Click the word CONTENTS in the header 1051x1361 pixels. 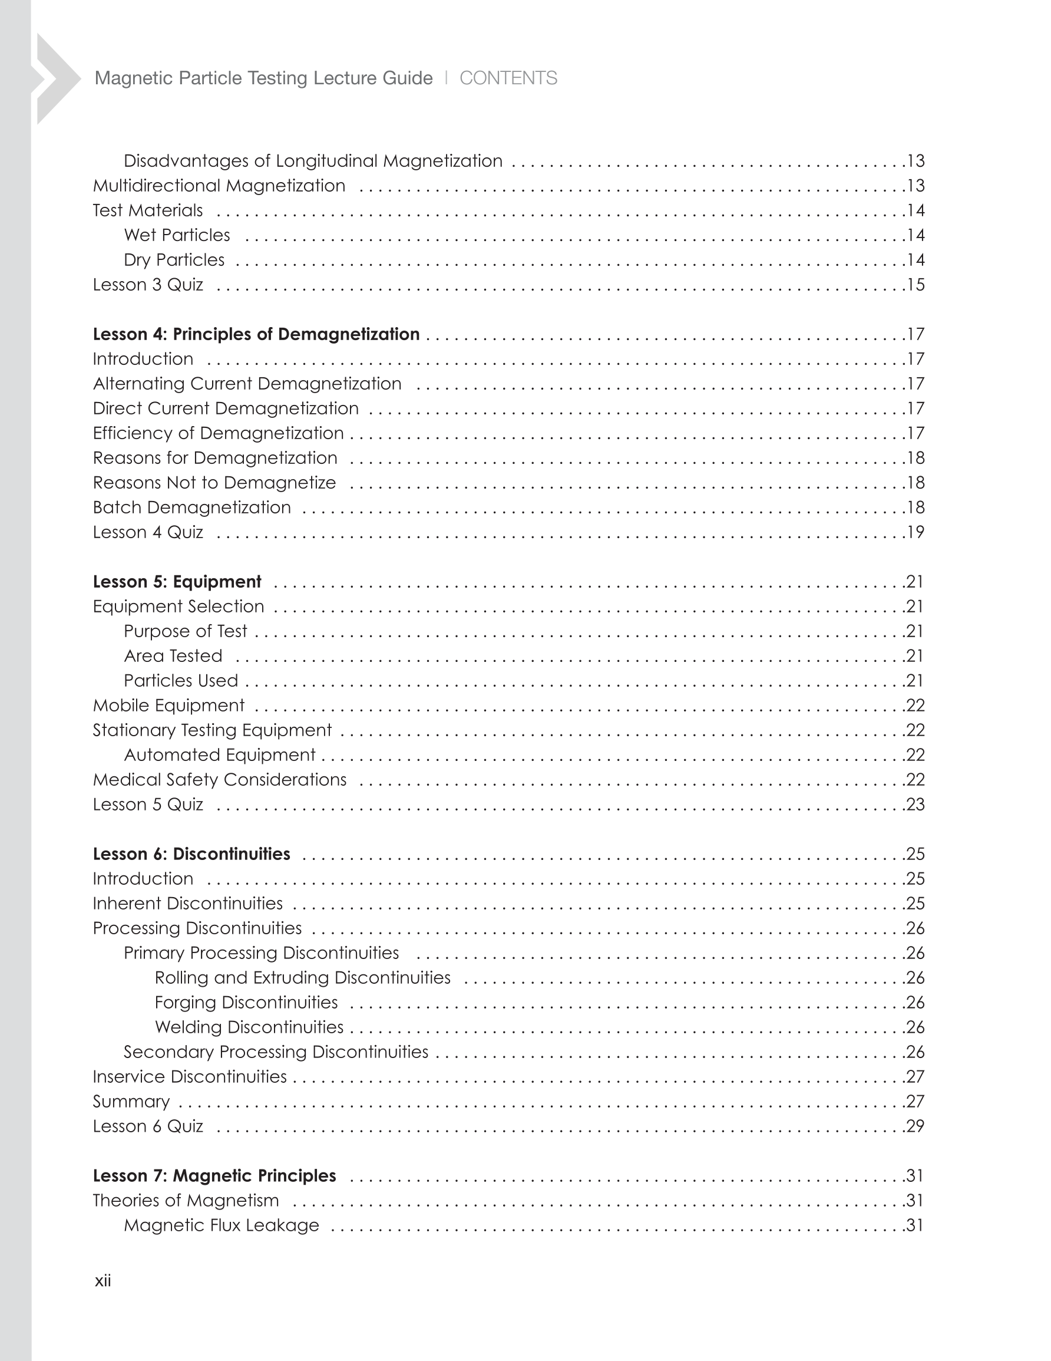(x=508, y=78)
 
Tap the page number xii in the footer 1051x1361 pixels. (x=103, y=1281)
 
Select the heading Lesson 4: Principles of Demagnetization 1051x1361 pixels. (x=256, y=334)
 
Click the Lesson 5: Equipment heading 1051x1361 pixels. (x=177, y=581)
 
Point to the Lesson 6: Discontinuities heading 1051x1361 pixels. (x=191, y=853)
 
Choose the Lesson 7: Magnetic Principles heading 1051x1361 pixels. (x=214, y=1175)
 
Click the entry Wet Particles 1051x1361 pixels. (x=177, y=235)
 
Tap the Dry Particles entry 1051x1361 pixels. (x=174, y=260)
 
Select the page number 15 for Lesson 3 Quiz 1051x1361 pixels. (x=915, y=285)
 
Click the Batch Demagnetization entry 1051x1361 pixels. (x=192, y=508)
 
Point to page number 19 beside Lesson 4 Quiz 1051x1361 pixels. (x=915, y=532)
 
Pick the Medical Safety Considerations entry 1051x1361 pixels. (x=219, y=780)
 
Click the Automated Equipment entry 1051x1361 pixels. (x=219, y=754)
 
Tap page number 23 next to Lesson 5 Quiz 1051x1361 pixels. (x=915, y=805)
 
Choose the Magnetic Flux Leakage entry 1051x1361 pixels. (x=221, y=1225)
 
